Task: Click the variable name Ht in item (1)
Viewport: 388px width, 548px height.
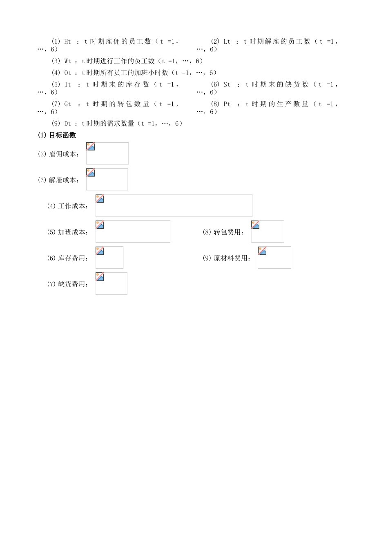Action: (x=68, y=42)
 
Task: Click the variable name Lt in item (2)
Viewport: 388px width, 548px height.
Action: (x=227, y=42)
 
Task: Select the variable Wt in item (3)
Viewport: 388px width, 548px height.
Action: (x=68, y=61)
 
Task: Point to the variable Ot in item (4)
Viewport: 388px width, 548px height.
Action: (x=68, y=73)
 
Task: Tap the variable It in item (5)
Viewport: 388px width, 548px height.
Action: (x=68, y=85)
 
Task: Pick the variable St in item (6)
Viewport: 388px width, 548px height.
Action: (x=227, y=85)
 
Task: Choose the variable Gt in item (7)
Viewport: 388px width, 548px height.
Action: (x=68, y=104)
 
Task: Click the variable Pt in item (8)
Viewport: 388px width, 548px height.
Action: (x=227, y=104)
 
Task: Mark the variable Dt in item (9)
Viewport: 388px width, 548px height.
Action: (x=68, y=124)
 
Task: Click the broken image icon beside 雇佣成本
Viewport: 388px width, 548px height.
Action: (x=91, y=147)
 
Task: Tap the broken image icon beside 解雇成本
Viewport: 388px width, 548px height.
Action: (x=91, y=172)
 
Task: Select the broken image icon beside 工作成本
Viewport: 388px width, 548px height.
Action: (x=100, y=199)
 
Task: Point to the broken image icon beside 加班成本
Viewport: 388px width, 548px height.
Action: (x=100, y=225)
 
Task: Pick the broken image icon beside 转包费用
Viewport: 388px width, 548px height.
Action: (x=256, y=225)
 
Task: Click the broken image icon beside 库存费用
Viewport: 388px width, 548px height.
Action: (x=100, y=251)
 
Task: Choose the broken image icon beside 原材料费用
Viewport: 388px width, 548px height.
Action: (x=262, y=251)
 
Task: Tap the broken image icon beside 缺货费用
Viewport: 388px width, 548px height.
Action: (x=100, y=277)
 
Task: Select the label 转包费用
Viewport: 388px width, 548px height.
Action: (x=227, y=232)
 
